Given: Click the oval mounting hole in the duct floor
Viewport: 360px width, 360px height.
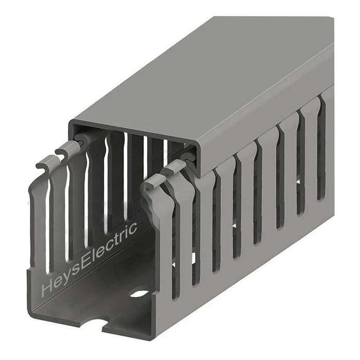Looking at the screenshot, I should [x=138, y=294].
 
